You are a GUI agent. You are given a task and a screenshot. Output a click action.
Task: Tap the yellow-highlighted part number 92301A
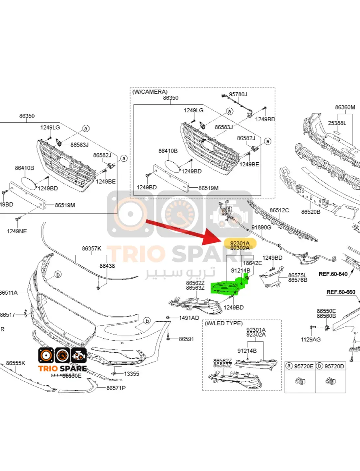[240, 243]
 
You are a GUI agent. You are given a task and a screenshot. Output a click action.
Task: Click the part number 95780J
[238, 94]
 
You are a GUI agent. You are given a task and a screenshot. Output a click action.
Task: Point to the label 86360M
[345, 107]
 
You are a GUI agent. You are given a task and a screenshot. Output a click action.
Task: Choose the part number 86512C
[279, 210]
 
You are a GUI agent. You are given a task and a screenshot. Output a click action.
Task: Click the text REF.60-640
[333, 274]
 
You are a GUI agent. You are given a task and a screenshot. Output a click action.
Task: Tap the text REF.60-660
[341, 292]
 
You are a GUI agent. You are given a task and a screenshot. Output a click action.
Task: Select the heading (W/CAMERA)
[150, 92]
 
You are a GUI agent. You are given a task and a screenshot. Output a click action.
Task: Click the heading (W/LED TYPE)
[223, 323]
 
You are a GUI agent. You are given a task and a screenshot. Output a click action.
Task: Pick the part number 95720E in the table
[304, 366]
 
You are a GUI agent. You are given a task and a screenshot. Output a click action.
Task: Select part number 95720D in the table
[335, 366]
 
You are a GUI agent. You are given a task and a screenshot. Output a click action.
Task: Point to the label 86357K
[91, 248]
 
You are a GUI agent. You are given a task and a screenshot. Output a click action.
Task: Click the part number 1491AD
[189, 318]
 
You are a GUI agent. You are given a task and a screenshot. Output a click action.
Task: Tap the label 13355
[131, 374]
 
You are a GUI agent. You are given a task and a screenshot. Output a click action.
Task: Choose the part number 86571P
[116, 388]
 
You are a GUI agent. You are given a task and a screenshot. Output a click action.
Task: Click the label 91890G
[262, 227]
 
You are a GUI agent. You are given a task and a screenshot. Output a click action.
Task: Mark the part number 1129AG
[311, 339]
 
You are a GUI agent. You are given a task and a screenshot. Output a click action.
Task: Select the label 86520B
[310, 212]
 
